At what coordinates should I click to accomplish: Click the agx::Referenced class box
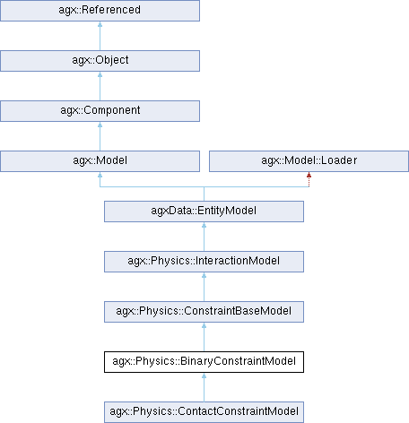tap(100, 11)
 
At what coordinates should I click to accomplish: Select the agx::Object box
tap(100, 61)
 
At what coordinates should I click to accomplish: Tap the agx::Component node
tap(100, 111)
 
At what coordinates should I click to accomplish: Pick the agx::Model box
tap(100, 161)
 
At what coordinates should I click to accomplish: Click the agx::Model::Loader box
tap(309, 161)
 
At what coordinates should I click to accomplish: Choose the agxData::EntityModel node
tap(204, 211)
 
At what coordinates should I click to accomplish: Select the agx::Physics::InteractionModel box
tap(204, 262)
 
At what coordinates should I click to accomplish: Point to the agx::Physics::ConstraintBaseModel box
tap(204, 312)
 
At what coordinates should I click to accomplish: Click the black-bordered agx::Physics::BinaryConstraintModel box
tap(204, 362)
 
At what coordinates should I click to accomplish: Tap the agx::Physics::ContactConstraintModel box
tap(204, 412)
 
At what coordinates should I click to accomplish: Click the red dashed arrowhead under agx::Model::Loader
tap(309, 175)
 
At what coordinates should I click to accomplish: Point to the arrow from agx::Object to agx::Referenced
tap(100, 36)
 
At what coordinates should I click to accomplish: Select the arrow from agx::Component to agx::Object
tap(100, 86)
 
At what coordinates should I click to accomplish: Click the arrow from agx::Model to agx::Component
tap(100, 136)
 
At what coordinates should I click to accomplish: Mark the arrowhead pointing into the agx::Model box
tap(100, 175)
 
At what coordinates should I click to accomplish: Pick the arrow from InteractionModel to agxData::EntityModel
tap(204, 237)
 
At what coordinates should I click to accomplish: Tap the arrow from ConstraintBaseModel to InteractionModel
tap(204, 287)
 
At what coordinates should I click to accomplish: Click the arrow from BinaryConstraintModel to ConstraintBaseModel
tap(204, 337)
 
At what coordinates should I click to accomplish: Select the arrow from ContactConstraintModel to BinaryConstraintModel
tap(204, 387)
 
